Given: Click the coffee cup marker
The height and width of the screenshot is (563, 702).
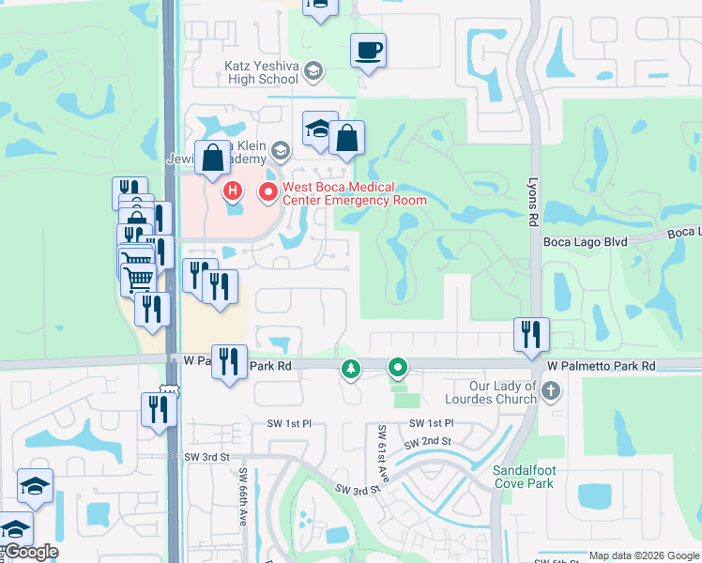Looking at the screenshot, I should click(x=368, y=50).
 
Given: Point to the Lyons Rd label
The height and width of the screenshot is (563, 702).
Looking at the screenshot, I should click(x=535, y=202).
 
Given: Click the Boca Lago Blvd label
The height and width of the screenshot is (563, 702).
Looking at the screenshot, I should click(x=585, y=241).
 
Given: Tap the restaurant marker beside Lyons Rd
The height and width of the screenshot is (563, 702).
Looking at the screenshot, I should click(x=531, y=333).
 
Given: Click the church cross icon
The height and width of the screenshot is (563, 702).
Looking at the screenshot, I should click(x=551, y=389).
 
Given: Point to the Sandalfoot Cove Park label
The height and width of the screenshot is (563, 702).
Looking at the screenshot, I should click(x=524, y=477).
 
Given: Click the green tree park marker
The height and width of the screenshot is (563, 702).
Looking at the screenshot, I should click(x=351, y=369).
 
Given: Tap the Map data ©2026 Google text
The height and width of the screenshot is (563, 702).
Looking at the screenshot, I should click(x=643, y=555).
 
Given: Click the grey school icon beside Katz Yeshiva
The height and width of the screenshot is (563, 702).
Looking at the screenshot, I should click(x=313, y=70).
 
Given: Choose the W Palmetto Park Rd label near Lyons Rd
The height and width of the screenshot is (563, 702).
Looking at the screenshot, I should click(x=602, y=365).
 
